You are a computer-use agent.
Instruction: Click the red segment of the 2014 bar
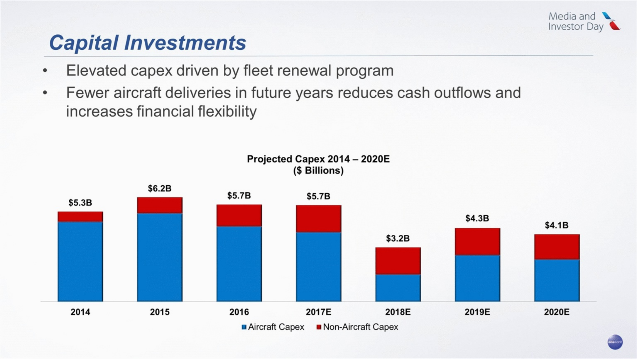tap(80, 217)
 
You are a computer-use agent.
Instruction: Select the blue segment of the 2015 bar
tap(160, 257)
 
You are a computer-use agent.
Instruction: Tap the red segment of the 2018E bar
tap(398, 261)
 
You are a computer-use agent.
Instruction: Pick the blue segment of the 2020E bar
tap(557, 281)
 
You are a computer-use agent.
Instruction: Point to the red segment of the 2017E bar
tap(318, 219)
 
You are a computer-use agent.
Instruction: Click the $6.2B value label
tap(160, 189)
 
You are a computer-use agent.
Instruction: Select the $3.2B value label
tap(398, 239)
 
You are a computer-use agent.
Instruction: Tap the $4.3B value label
tap(477, 218)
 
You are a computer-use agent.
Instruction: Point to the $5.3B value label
tap(80, 203)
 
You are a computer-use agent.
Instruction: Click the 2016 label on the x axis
tap(239, 312)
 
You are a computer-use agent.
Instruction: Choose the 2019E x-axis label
tap(477, 312)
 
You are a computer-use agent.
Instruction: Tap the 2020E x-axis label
tap(557, 312)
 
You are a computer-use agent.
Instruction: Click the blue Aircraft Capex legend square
tap(244, 327)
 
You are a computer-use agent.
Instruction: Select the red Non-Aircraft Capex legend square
tap(319, 327)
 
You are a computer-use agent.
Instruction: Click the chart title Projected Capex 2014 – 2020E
tap(318, 159)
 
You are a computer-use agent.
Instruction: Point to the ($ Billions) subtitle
tap(318, 171)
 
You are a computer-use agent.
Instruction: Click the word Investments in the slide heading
tap(185, 43)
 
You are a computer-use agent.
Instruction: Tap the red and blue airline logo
tap(611, 21)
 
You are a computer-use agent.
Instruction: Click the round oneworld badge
tap(615, 342)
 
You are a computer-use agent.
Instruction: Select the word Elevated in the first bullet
tap(96, 71)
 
